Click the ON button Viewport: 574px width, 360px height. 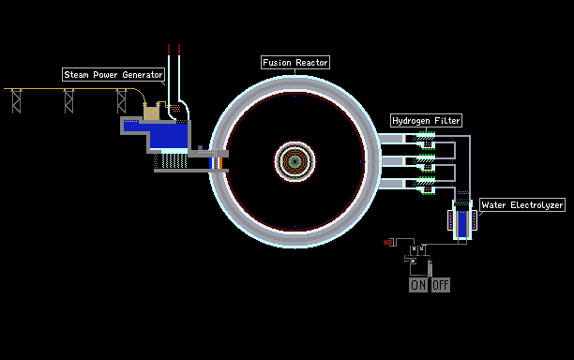(x=418, y=285)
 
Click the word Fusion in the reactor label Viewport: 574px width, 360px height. (x=277, y=63)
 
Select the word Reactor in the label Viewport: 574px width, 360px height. (x=311, y=63)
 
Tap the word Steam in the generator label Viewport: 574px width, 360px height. (x=76, y=75)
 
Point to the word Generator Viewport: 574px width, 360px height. (x=143, y=75)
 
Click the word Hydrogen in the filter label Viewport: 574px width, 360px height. (x=411, y=121)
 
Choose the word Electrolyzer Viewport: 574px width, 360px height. (x=536, y=205)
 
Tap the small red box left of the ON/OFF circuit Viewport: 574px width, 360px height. (x=387, y=242)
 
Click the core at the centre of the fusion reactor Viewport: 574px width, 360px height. (x=295, y=161)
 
